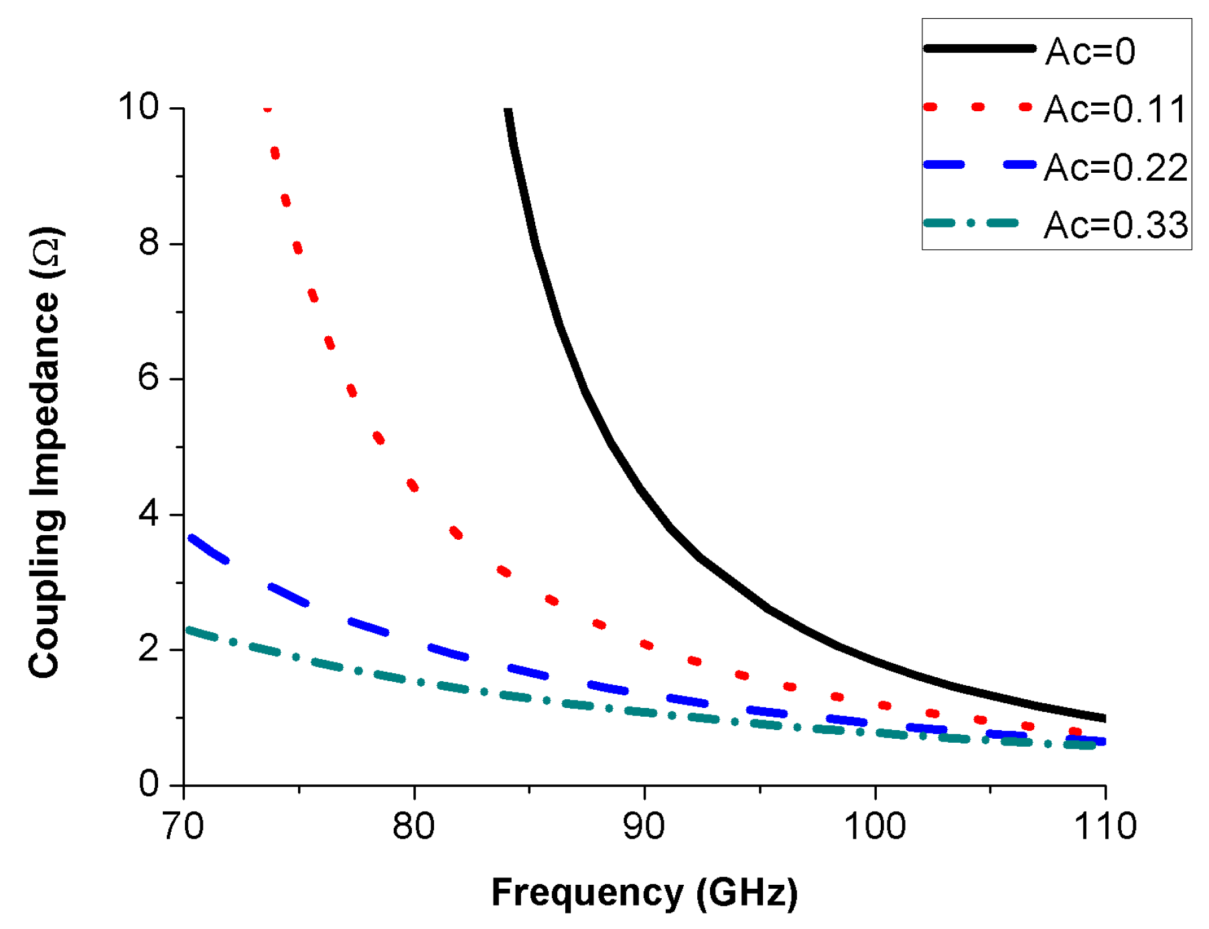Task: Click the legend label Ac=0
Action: pyautogui.click(x=1090, y=52)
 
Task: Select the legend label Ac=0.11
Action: pyautogui.click(x=1115, y=109)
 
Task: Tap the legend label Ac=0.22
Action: pyautogui.click(x=1115, y=167)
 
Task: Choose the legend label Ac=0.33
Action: pyautogui.click(x=1115, y=225)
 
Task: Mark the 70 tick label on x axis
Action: pyautogui.click(x=184, y=827)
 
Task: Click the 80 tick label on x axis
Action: pyautogui.click(x=413, y=827)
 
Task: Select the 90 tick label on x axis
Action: pyautogui.click(x=644, y=827)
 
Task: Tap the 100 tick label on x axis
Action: pyautogui.click(x=874, y=827)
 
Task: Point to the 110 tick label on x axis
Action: pyautogui.click(x=1105, y=827)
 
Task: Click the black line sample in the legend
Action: pyautogui.click(x=979, y=48)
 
